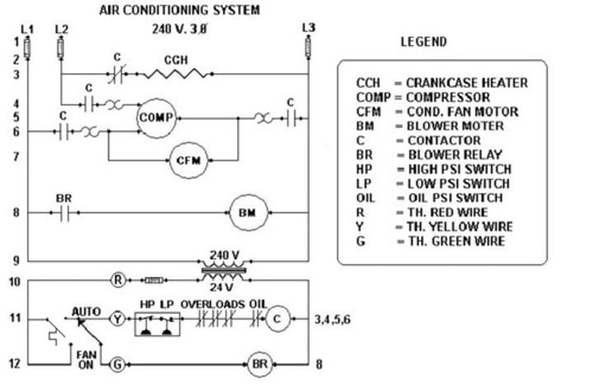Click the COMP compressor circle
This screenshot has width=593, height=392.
156,118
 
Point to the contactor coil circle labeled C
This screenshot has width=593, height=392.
278,319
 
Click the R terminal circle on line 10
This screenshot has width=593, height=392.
118,280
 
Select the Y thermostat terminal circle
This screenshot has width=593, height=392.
117,319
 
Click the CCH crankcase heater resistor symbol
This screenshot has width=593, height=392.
175,74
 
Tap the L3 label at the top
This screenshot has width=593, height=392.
308,27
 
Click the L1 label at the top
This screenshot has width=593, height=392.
27,29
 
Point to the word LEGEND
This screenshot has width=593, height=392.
423,42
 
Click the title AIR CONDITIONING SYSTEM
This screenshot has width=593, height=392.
179,11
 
